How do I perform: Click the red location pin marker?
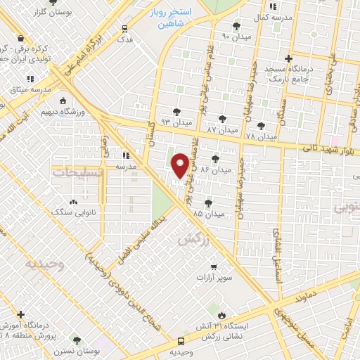[x=180, y=165]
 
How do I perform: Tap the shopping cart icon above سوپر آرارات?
[x=214, y=267]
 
